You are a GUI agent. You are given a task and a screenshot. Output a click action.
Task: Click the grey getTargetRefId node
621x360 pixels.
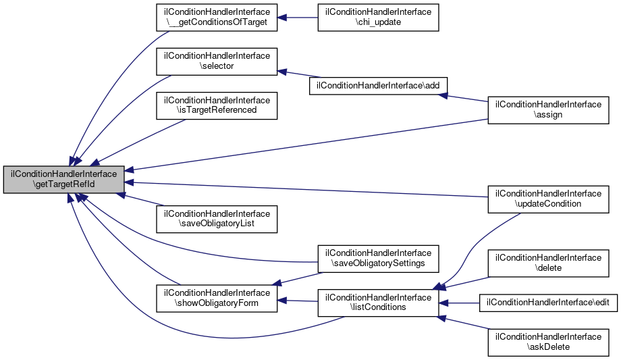coord(63,180)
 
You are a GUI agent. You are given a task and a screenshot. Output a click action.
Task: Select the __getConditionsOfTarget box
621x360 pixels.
coord(217,18)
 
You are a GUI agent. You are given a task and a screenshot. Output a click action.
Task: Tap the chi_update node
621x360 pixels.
coord(378,18)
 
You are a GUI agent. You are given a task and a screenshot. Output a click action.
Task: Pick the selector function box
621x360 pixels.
coord(217,61)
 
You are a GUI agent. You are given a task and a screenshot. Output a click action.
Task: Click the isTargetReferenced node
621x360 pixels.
coord(217,105)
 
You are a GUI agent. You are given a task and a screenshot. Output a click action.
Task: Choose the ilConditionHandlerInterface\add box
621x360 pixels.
coord(378,86)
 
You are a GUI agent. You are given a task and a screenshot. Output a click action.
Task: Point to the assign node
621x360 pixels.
coord(549,110)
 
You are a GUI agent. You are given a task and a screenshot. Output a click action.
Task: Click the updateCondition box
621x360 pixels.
coord(549,199)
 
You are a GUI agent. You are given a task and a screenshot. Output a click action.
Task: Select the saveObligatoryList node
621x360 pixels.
coord(217,219)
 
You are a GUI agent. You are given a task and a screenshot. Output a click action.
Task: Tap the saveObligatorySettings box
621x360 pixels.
coord(378,259)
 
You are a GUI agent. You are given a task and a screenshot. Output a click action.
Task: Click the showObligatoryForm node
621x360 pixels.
coord(217,298)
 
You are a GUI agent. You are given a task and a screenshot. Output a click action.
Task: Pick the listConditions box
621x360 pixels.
coord(378,303)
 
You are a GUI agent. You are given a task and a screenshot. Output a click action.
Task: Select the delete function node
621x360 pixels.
coord(549,263)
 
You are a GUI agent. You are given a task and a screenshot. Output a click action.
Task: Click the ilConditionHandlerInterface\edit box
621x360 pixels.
coord(549,303)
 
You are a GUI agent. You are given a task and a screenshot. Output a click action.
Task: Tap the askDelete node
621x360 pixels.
coord(549,342)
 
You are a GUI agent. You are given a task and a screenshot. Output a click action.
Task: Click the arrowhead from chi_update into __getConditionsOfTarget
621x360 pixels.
coord(282,18)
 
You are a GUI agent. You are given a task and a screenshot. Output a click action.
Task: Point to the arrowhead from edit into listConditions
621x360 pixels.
coord(443,303)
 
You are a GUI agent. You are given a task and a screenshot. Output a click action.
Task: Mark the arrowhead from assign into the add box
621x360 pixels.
coord(443,95)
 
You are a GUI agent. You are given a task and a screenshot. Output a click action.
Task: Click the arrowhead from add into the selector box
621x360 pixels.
coord(282,72)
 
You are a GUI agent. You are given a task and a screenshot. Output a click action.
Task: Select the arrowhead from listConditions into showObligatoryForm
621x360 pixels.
coord(282,301)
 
